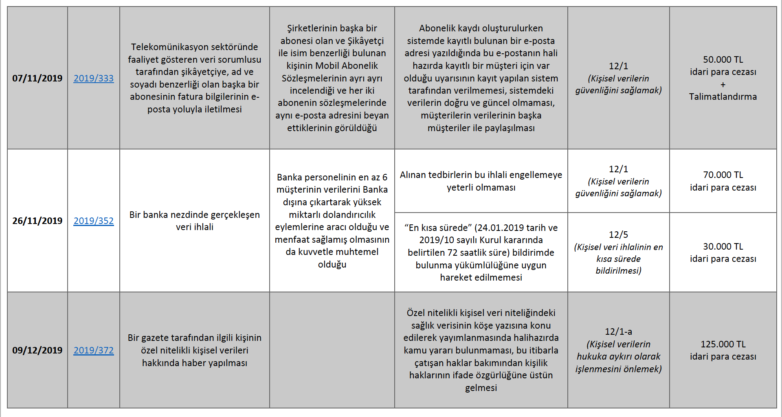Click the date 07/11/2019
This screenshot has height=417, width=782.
37,78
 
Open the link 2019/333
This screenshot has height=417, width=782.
94,78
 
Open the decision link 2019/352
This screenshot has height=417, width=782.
94,221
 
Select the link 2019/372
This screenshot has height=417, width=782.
94,350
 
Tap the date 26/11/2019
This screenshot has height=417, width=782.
37,221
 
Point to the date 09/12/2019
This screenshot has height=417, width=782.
37,350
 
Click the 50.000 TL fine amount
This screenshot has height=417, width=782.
723,59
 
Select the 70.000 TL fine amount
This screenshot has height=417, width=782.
723,175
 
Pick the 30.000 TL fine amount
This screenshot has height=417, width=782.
723,246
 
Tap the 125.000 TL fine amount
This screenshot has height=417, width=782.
723,344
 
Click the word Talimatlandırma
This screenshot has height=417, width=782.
723,97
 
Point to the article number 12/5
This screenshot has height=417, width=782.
618,235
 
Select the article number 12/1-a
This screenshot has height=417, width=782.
618,331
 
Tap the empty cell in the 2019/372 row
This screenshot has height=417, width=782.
332,350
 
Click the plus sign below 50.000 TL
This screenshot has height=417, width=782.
723,85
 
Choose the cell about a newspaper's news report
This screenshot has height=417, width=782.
195,350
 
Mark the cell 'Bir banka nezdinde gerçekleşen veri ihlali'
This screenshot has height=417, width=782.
195,221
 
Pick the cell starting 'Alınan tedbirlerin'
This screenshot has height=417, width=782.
481,181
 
